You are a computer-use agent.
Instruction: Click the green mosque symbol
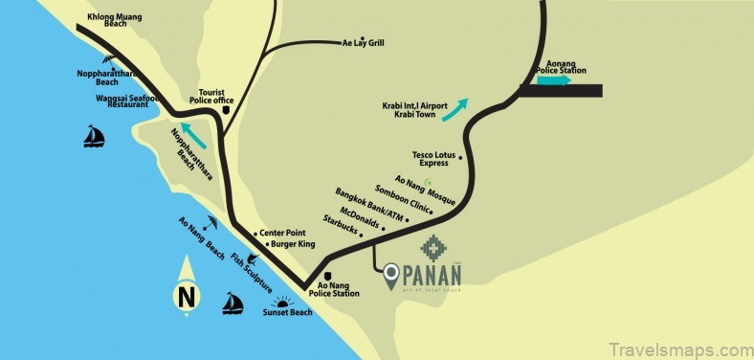pos(429,181)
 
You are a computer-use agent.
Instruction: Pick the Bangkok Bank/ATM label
pos(370,208)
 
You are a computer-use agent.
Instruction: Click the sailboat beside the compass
pos(232,304)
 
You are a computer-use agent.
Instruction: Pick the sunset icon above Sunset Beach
pos(281,303)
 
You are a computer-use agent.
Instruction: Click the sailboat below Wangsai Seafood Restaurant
pos(93,138)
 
